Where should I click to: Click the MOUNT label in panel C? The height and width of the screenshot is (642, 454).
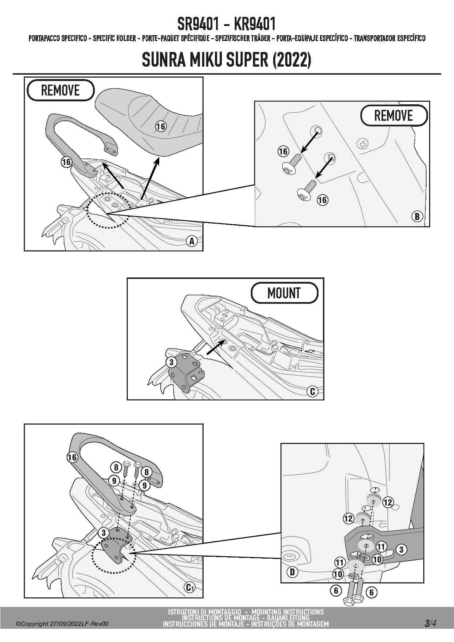coord(284,293)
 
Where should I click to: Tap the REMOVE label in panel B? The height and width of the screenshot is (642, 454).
coord(394,116)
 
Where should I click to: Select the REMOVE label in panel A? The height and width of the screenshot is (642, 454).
coord(60,90)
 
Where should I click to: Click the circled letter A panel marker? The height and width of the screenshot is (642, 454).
coord(191,241)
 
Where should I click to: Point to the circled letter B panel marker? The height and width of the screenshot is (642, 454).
coord(417,216)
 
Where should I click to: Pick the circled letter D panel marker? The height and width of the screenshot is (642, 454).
coord(292,572)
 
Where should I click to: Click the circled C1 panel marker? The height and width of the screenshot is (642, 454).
coord(189,587)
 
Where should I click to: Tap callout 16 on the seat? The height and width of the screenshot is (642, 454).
coord(161,127)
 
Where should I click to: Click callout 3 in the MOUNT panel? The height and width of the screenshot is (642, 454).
coord(171,362)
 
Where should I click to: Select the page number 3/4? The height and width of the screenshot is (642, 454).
coord(430,623)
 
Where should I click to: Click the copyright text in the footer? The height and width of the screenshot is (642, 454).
coord(62,624)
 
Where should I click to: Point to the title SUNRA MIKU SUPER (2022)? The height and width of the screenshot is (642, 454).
coord(227,60)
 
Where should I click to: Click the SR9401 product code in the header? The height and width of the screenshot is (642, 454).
coord(198,24)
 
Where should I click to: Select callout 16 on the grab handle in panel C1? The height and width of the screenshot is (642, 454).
coord(72,457)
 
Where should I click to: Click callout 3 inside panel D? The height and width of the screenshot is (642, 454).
coord(401,549)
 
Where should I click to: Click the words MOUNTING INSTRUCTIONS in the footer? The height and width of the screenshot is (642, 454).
coord(287,612)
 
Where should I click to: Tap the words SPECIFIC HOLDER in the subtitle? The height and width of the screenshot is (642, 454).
coord(114,38)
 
